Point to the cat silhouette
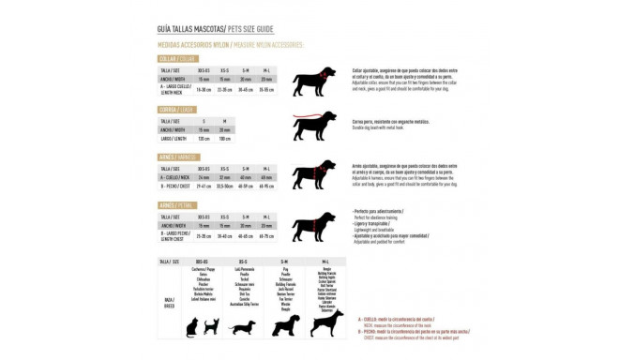click(x=191, y=326)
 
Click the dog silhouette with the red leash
click(x=316, y=125)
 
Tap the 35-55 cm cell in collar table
click(x=266, y=90)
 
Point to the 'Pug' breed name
click(x=285, y=267)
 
